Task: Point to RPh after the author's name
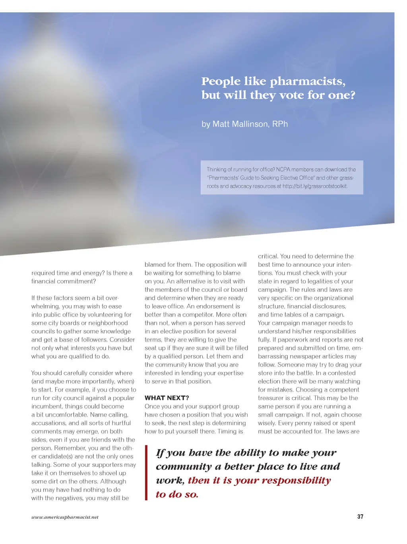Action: (280, 124)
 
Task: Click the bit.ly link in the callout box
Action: (315, 186)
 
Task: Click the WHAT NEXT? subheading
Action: (167, 398)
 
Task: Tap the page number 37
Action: (360, 517)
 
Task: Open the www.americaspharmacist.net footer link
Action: (65, 517)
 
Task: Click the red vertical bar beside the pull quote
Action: (146, 473)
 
